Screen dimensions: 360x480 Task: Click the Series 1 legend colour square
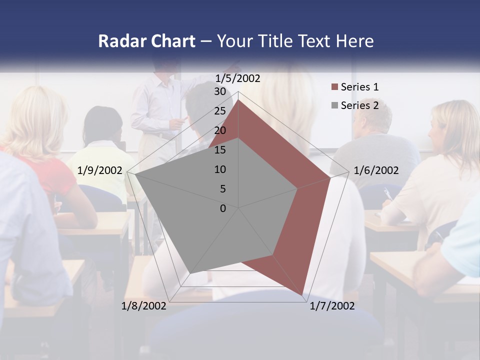(334, 87)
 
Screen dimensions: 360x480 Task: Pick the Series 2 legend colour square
(334, 105)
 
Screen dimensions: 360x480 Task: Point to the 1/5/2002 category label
(237, 78)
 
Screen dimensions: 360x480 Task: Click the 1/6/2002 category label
(376, 170)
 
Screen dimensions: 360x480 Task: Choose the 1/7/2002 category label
(332, 306)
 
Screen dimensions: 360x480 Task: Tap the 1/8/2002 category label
(144, 306)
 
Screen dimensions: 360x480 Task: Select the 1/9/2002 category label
(100, 170)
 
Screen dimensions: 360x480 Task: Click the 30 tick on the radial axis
(220, 91)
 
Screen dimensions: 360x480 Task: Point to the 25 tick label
(220, 111)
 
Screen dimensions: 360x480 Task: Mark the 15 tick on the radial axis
(220, 150)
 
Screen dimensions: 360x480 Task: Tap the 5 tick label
(223, 189)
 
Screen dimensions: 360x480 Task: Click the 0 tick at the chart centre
(223, 208)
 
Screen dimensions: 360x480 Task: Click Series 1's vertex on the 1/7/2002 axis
(303, 295)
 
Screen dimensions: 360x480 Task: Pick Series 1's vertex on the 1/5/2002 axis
(238, 99)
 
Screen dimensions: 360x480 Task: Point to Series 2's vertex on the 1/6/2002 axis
(298, 188)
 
